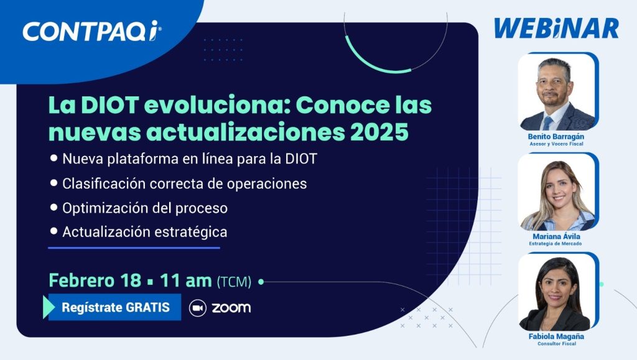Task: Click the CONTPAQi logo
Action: (x=92, y=31)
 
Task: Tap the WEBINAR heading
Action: (x=556, y=29)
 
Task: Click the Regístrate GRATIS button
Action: (x=115, y=307)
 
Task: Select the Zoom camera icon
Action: (x=198, y=308)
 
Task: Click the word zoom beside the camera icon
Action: (x=231, y=308)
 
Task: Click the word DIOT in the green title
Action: (x=109, y=105)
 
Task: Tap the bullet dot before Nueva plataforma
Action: (x=53, y=158)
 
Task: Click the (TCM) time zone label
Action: (x=234, y=281)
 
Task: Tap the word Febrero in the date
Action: (x=81, y=280)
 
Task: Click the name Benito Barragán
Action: (x=556, y=137)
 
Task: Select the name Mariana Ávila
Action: (x=556, y=236)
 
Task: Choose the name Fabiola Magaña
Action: (x=556, y=336)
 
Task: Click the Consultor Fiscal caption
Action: (x=557, y=344)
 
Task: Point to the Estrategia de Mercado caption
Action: (x=556, y=244)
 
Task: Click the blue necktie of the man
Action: (x=547, y=123)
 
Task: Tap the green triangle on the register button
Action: (x=49, y=307)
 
